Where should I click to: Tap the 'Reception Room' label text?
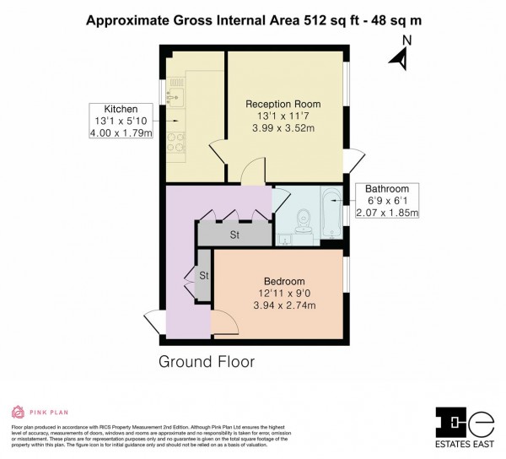click(x=283, y=104)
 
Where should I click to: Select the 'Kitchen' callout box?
click(x=121, y=123)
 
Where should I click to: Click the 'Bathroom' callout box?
click(x=386, y=202)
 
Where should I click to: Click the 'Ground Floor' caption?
click(x=207, y=362)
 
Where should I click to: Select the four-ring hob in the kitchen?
click(x=176, y=144)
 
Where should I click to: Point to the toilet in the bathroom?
click(x=304, y=223)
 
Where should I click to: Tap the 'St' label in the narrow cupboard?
click(x=203, y=275)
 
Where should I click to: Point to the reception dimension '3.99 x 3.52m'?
click(x=283, y=128)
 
